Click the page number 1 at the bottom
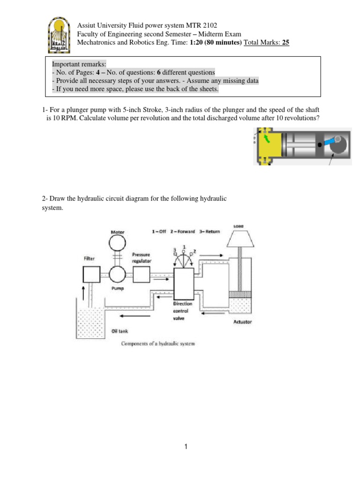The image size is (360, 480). pos(186,447)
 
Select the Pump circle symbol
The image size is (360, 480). pos(117,274)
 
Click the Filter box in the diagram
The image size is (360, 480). pos(91,274)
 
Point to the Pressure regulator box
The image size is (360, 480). pos(141,274)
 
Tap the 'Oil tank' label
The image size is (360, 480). pos(120,331)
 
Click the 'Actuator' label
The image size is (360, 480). pos(242,322)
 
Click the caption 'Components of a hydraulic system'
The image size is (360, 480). pos(158,344)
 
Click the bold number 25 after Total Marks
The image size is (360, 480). pos(285,42)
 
